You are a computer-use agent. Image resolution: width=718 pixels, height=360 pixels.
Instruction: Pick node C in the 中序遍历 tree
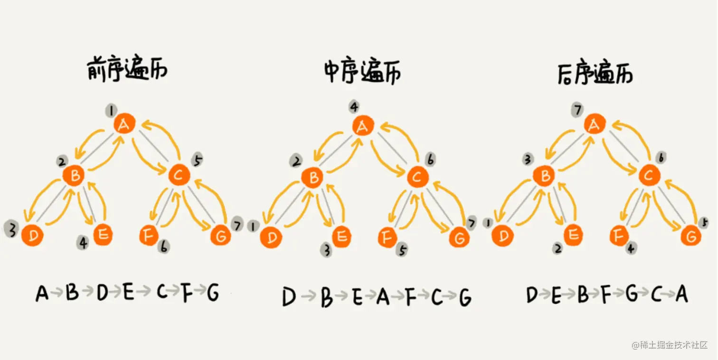(417, 177)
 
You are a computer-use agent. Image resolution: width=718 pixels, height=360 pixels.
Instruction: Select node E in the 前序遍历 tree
(103, 235)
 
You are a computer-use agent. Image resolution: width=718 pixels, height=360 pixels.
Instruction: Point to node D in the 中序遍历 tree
(271, 237)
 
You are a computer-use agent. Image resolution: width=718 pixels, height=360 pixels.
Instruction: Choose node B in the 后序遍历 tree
(545, 176)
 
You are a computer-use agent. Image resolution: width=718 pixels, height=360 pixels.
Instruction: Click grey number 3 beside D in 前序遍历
(10, 229)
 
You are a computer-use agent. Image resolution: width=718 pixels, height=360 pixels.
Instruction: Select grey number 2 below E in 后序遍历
(559, 247)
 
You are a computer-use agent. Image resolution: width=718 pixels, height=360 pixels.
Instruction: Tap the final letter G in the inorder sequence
(465, 298)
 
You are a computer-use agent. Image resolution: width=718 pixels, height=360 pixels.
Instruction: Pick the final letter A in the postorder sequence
(681, 294)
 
